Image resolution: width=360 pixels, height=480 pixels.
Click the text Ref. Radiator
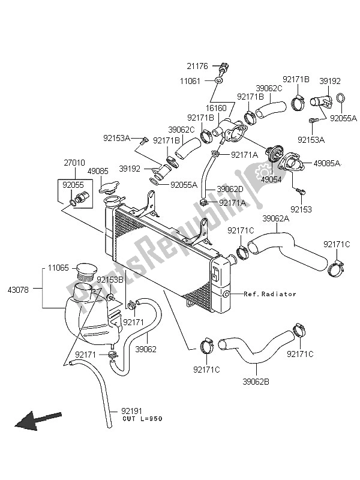click(271, 294)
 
